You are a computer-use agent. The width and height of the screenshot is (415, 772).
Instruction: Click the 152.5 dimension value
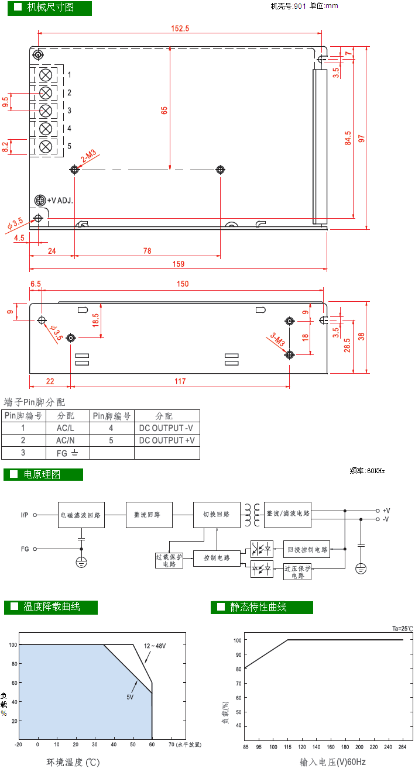(x=180, y=29)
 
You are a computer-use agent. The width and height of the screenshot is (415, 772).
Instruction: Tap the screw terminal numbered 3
(x=46, y=111)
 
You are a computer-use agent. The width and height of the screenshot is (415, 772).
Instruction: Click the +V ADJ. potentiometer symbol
(x=40, y=201)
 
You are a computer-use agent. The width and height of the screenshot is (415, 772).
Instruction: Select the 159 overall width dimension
(x=178, y=264)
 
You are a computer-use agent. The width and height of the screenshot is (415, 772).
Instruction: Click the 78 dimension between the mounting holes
(x=147, y=251)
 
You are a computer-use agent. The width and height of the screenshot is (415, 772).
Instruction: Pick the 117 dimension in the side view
(x=180, y=381)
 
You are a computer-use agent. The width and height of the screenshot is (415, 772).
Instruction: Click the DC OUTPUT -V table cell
(x=167, y=428)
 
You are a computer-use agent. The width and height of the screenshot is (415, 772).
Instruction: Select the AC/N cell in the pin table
(x=65, y=440)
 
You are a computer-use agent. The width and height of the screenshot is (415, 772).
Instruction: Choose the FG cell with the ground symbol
(x=67, y=453)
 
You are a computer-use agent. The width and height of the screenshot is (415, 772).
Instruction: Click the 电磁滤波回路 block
(x=81, y=515)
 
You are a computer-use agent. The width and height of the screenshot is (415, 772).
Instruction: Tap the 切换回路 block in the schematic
(x=217, y=515)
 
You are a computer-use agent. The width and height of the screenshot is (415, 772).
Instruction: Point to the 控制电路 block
(x=217, y=558)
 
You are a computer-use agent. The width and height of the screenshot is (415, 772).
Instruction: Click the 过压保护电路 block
(x=297, y=571)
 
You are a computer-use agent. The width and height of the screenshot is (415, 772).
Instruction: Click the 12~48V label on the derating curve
(x=155, y=646)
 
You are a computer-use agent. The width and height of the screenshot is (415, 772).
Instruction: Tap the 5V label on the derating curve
(x=130, y=697)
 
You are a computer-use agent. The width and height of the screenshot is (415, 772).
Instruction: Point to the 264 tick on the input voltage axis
(x=402, y=746)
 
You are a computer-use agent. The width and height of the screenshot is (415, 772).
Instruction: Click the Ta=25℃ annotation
(x=402, y=629)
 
